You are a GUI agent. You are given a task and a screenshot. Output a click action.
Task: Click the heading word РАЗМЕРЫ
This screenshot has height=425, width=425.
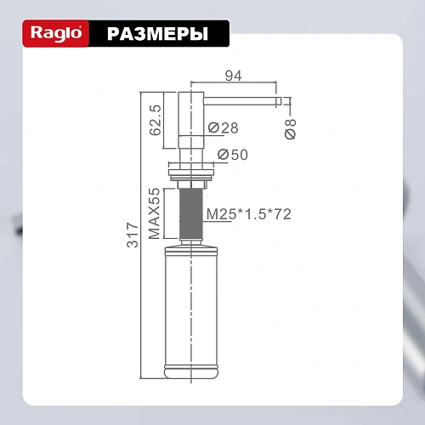click(157, 34)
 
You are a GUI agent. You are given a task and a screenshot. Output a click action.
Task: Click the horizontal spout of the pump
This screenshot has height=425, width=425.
click(242, 99)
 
